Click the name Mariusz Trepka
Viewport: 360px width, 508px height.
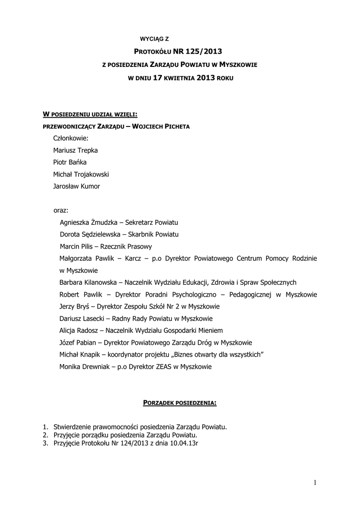click(x=75, y=150)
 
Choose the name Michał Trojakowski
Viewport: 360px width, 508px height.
click(x=81, y=175)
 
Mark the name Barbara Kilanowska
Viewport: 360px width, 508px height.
click(x=88, y=282)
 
